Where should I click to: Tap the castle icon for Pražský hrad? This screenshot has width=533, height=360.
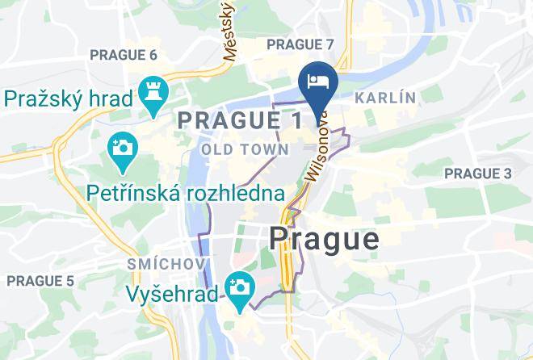pos(151,90)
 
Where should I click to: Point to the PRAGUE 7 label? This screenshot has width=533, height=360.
pos(300,44)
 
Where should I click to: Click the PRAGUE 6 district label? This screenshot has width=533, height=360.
pos(123,55)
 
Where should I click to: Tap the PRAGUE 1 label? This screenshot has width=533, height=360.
pos(239,120)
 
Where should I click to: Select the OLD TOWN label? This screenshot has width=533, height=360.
pos(245,149)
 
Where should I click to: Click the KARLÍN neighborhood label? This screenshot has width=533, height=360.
pos(385,98)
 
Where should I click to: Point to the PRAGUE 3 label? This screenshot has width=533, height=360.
pos(478,174)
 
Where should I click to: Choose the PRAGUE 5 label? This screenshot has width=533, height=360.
pos(40,281)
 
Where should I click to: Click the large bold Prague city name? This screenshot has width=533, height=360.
pos(323,239)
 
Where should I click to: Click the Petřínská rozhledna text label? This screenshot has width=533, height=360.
pos(186,194)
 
